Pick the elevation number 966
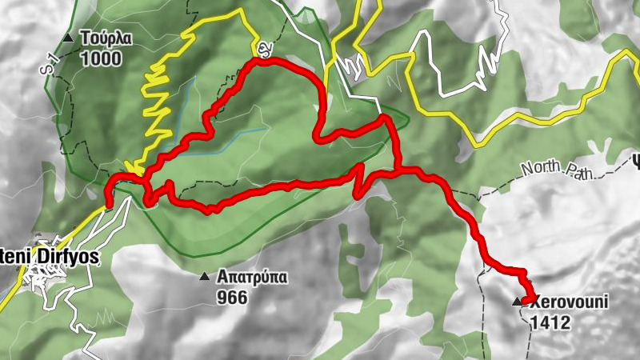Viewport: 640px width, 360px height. point(231,298)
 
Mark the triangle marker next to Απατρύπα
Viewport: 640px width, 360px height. point(204,278)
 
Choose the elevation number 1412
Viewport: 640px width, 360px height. point(550,322)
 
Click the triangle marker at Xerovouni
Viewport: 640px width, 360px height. point(517,302)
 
